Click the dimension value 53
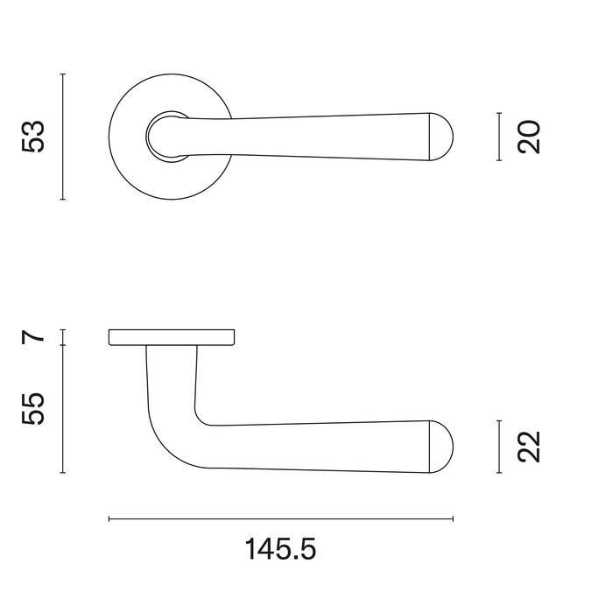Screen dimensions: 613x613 (33, 137)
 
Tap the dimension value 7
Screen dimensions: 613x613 (33, 336)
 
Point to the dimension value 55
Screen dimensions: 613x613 (33, 408)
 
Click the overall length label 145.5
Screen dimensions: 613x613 (280, 550)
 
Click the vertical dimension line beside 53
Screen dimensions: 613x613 (63, 137)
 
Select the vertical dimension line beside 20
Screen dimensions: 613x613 (498, 137)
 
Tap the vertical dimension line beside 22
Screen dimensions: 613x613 (498, 447)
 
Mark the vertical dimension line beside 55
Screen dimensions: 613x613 (63, 408)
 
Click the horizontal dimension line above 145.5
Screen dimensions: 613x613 (280, 519)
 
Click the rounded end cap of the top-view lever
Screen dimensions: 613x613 (443, 137)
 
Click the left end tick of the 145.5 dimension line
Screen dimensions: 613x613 (109, 519)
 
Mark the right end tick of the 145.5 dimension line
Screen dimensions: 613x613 (453, 519)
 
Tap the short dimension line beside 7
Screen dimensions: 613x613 (63, 337)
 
